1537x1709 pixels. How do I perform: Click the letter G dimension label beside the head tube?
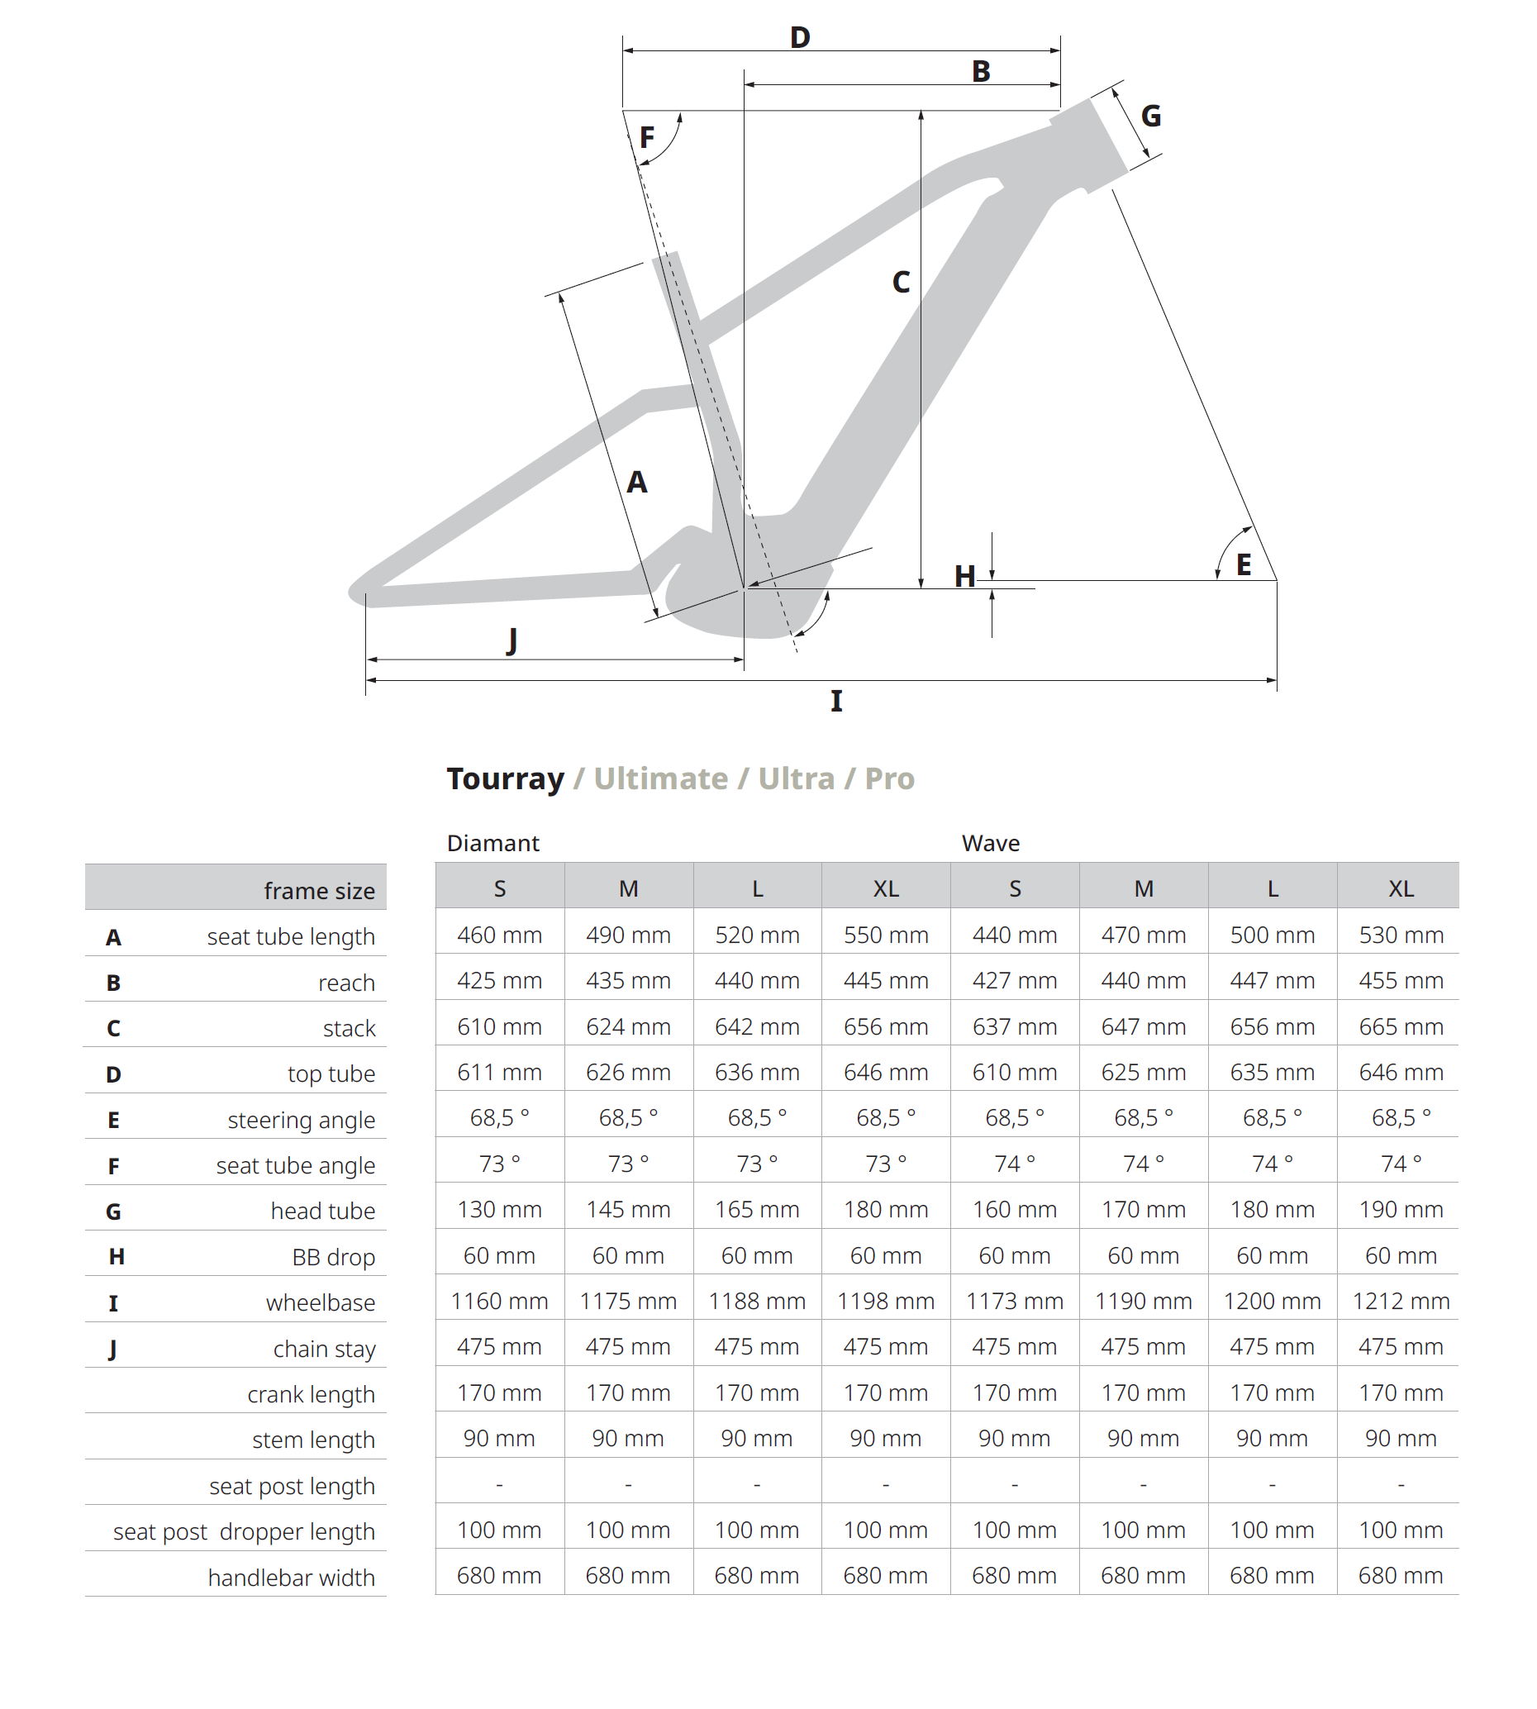point(1150,116)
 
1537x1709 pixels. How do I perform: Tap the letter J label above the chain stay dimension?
point(512,640)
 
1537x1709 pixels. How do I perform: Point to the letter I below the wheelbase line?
point(836,701)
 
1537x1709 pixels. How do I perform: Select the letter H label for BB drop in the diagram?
point(964,577)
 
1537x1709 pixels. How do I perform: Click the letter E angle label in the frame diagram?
point(1243,565)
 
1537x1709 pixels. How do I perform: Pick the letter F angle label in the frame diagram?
point(647,137)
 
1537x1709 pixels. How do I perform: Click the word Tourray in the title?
point(505,778)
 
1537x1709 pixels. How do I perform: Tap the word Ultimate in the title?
point(660,778)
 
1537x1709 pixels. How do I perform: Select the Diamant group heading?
point(493,843)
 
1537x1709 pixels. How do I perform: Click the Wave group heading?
point(991,843)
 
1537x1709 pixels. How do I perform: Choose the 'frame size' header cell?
point(319,891)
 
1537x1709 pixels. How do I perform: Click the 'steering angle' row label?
point(301,1120)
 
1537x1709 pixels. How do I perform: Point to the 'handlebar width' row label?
point(292,1578)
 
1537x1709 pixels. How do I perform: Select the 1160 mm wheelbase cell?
point(499,1301)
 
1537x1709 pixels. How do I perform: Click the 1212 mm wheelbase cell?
point(1400,1301)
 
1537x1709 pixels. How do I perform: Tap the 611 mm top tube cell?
point(499,1073)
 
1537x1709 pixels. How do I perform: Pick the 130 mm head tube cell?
point(499,1209)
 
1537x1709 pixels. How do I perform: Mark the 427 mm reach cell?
point(1014,980)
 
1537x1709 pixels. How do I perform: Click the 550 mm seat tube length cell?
point(886,935)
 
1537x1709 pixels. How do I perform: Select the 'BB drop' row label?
point(334,1257)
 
